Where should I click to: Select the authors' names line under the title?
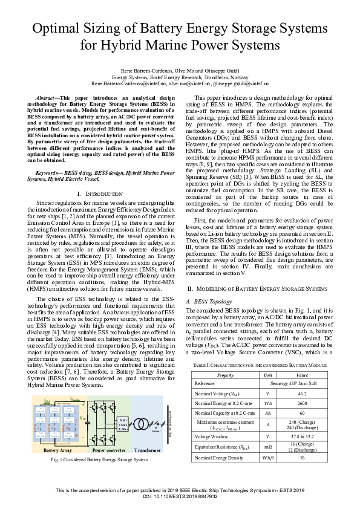coord(180,70)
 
